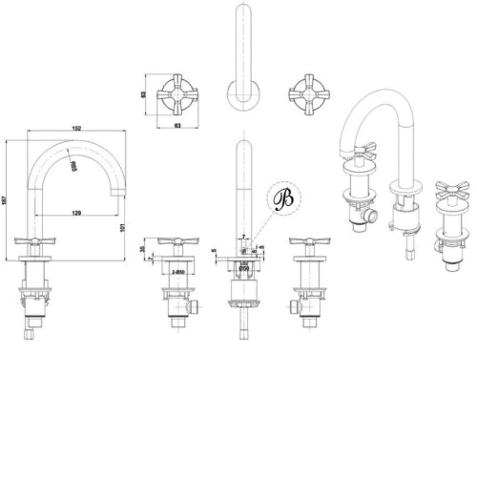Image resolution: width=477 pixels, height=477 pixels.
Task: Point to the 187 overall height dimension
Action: (x=8, y=196)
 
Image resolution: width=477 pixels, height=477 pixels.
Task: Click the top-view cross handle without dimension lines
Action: (x=306, y=93)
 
